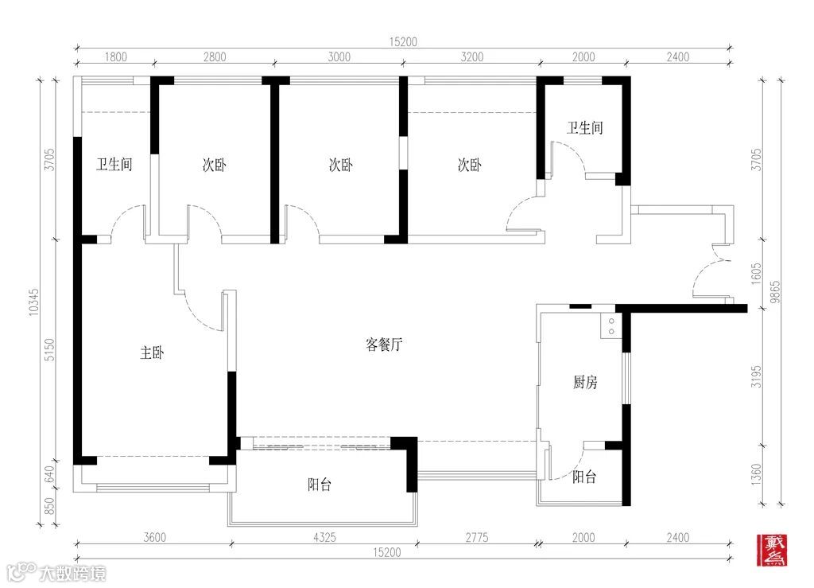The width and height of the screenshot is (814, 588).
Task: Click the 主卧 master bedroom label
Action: pos(152,353)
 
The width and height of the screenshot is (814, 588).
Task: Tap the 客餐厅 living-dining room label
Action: pos(384,345)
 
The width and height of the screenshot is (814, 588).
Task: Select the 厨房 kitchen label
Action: pos(585,382)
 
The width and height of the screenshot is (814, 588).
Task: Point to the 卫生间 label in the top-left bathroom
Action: pos(114,165)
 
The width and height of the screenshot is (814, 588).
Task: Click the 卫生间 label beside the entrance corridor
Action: pos(584,128)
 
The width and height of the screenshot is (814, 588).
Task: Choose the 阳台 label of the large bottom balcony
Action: pos(320,485)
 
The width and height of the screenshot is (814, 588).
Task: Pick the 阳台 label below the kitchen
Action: pos(584,477)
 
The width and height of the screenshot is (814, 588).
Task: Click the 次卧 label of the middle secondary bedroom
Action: pos(340,165)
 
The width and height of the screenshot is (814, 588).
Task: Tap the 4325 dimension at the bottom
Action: pos(324,537)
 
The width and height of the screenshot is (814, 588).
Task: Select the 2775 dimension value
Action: pos(477,537)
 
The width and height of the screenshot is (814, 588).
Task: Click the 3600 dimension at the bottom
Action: pos(155,537)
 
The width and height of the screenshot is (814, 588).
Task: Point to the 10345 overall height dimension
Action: pos(33,302)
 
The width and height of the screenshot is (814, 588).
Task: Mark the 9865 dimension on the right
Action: pos(774,292)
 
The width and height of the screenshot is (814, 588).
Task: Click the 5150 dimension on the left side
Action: pos(48,350)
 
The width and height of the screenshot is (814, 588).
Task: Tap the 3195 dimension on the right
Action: pos(757,376)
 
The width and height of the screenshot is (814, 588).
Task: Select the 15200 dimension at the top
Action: pos(403,41)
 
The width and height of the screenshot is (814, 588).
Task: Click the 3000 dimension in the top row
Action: pos(339,56)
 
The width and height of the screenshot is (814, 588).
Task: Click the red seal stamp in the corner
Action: pos(772,550)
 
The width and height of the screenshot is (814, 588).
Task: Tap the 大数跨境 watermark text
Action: pos(72,574)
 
